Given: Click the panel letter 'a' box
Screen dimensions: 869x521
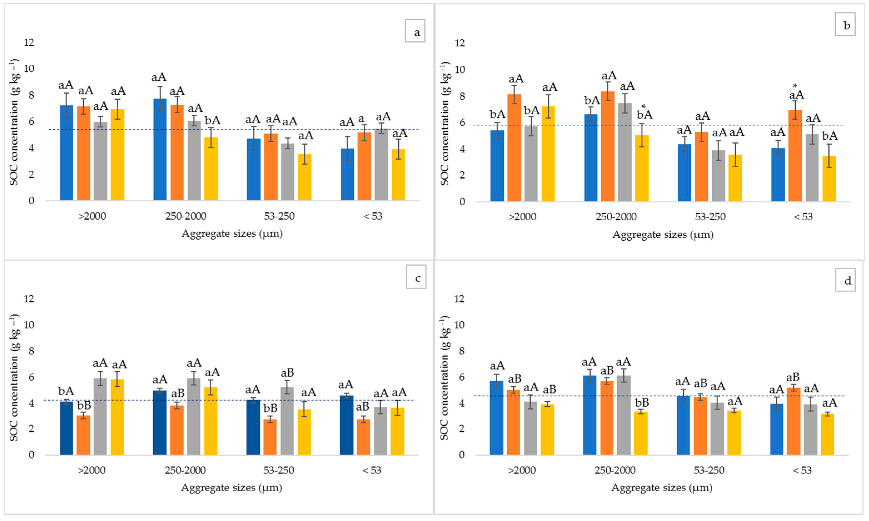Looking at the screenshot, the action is point(415,31).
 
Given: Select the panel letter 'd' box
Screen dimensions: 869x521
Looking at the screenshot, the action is point(845,280).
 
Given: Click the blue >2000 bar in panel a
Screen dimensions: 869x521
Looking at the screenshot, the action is point(66,153).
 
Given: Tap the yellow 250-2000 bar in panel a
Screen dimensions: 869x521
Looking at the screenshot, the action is point(211,169).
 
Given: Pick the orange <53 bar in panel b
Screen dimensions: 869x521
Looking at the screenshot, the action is point(795,155).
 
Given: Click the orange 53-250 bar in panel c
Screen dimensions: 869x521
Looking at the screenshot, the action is point(270,437).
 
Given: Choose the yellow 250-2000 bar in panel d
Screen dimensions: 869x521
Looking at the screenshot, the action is point(641,433).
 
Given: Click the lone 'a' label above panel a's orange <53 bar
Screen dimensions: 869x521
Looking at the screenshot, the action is point(361,119).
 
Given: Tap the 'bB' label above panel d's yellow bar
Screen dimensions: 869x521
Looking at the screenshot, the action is point(642,402).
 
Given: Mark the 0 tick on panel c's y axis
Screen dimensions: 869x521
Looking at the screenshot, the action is point(31,455).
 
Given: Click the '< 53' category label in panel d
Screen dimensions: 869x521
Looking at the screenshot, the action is point(802,470).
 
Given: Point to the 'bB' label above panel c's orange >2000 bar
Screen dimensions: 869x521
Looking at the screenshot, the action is point(84,406).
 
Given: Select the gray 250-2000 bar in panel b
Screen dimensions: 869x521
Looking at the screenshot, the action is point(625,152).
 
